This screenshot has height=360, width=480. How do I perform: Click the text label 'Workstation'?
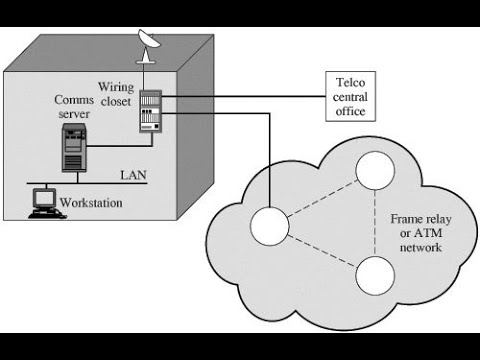tap(91, 203)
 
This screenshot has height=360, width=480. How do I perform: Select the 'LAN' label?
tap(134, 175)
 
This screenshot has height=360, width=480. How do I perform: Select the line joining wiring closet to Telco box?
tap(240, 97)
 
